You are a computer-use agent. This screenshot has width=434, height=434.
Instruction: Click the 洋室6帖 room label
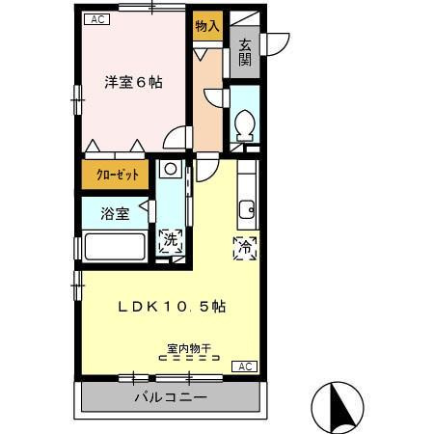pos(133,83)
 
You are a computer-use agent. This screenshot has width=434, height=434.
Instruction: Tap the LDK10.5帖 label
pos(173,307)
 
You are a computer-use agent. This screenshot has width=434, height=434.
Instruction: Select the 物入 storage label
pos(206,26)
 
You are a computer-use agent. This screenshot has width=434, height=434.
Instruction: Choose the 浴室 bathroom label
pos(115,213)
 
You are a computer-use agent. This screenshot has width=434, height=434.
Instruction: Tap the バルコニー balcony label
pos(170,397)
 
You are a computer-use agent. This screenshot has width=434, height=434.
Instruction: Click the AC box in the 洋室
pos(95,19)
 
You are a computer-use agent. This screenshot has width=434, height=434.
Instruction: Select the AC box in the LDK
pos(245,366)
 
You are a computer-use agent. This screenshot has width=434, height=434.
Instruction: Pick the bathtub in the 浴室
pos(115,246)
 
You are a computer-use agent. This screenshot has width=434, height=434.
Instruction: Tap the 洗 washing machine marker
pos(170,241)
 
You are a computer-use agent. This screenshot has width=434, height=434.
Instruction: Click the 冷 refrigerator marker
pos(245,247)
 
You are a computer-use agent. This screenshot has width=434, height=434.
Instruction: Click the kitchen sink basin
pos(247,207)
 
